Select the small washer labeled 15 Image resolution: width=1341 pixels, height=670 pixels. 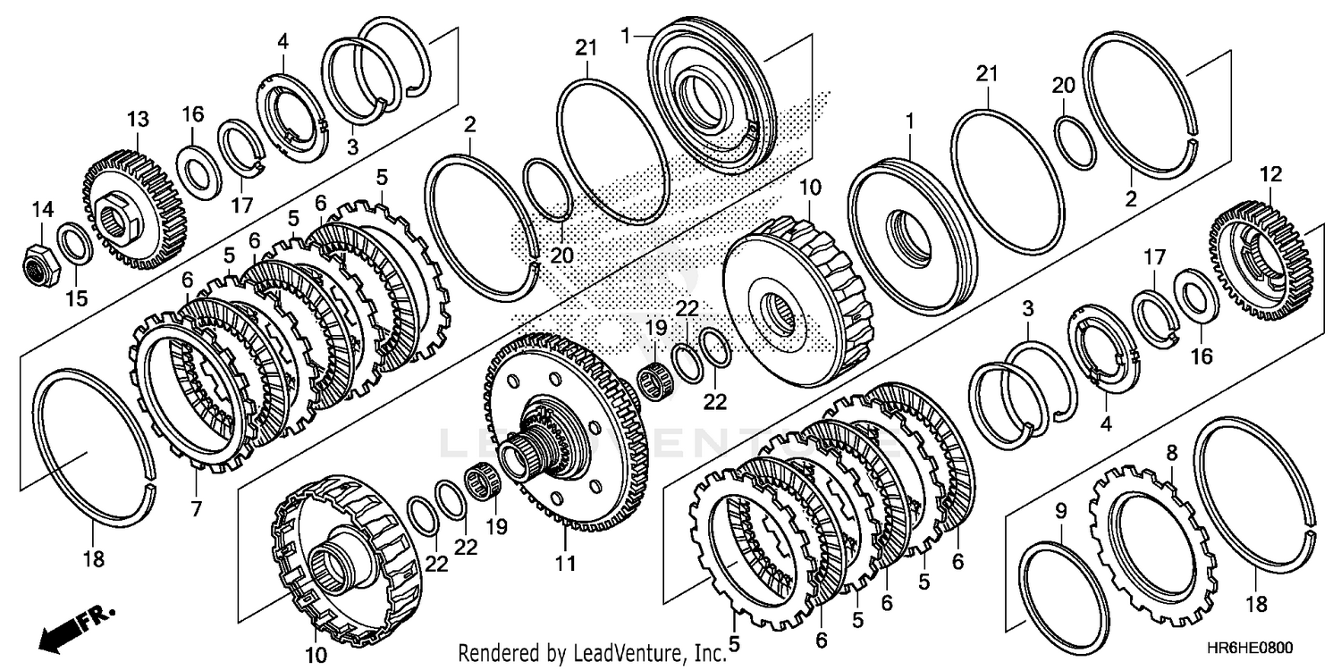[x=72, y=244]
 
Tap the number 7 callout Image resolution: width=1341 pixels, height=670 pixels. [x=196, y=509]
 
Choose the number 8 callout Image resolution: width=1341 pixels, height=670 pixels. [x=1173, y=453]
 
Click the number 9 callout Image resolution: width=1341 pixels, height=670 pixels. [x=1061, y=511]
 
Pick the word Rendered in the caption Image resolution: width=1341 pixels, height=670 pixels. [x=497, y=654]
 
